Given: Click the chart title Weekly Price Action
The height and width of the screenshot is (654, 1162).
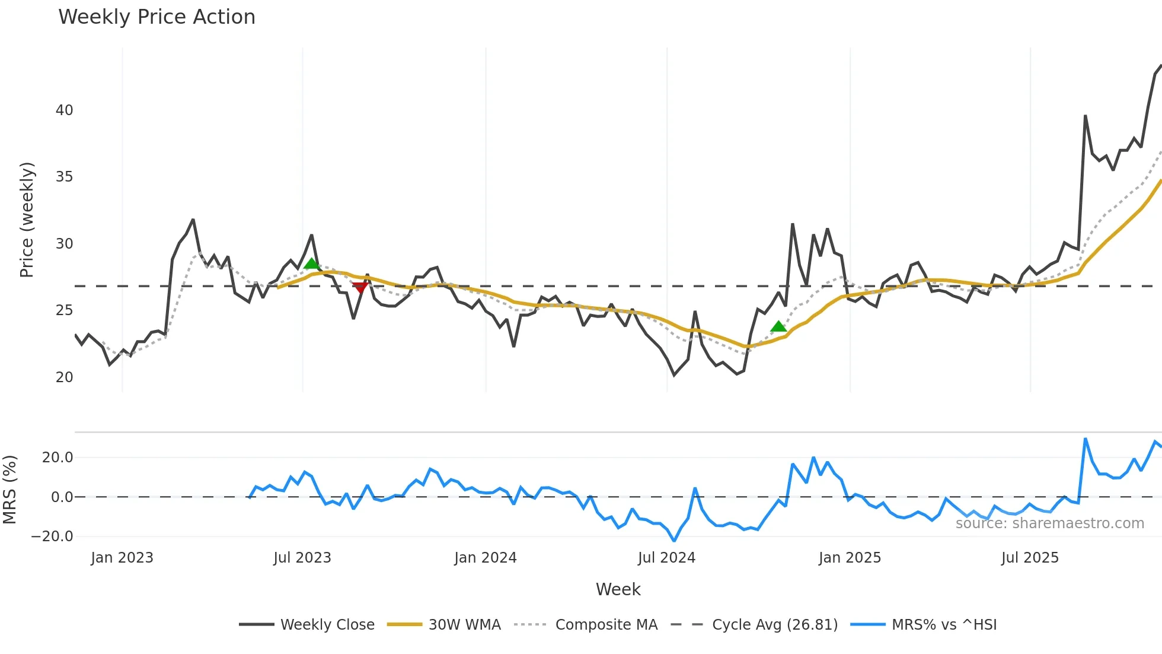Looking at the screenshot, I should point(157,17).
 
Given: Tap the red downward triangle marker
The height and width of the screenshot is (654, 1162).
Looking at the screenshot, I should point(360,288).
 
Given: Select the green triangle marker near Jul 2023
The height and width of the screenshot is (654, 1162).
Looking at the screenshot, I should point(311,263).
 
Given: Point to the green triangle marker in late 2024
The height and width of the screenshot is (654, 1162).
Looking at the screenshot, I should point(778,326).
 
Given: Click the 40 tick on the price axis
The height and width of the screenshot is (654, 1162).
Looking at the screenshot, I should point(64,110).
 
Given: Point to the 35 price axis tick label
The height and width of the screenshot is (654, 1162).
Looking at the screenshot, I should point(64,177).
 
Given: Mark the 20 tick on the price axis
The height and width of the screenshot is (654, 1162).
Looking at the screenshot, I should point(64,377).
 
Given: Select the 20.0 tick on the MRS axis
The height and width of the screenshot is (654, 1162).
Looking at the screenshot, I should point(58,458).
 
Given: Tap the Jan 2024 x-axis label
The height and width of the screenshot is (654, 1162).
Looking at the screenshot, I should point(486,558).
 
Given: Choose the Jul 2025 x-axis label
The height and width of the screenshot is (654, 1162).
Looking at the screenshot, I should point(1030,558).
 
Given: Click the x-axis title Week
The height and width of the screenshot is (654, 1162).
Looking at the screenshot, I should point(618,589).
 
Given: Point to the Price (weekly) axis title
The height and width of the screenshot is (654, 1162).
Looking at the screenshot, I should point(27,220).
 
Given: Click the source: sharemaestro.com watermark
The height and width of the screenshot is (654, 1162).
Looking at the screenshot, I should point(1049,523).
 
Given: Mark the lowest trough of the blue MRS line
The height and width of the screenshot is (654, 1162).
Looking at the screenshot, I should point(674,541).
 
